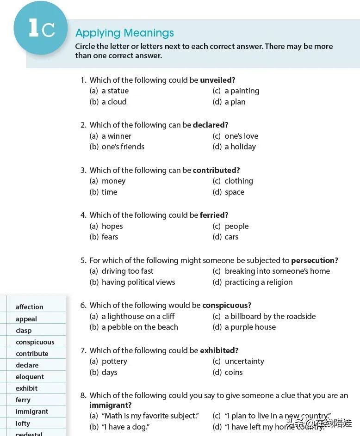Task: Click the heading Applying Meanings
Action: click(124, 33)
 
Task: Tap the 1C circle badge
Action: click(41, 28)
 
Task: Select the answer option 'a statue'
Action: click(115, 91)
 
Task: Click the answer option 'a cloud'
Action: click(114, 102)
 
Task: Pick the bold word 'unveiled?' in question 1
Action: click(217, 80)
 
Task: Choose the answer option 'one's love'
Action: click(241, 136)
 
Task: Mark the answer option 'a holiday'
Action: click(240, 147)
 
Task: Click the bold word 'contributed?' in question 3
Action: click(216, 170)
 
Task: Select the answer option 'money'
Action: click(113, 181)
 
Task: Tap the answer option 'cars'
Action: click(231, 237)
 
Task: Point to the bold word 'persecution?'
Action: click(315, 260)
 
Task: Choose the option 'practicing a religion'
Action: click(258, 282)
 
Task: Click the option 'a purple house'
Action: click(250, 327)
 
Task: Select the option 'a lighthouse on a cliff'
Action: click(138, 316)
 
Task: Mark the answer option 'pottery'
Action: click(114, 361)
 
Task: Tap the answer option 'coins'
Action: click(233, 372)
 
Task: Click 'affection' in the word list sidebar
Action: click(29, 307)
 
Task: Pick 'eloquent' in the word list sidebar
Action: click(30, 377)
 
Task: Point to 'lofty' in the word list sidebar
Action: click(23, 423)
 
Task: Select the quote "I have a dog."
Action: click(125, 427)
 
